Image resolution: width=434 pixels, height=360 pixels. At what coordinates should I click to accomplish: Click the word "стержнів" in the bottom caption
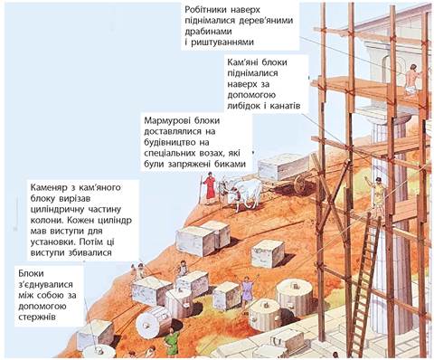37,317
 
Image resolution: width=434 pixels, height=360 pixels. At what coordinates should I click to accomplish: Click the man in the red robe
209,188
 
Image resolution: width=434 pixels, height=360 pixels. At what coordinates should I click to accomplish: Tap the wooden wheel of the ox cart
300,184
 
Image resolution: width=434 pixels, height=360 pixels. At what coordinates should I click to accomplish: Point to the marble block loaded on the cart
283,166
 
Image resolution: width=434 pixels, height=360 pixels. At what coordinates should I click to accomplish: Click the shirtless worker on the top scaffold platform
411,80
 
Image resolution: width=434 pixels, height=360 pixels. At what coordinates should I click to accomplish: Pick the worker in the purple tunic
248,290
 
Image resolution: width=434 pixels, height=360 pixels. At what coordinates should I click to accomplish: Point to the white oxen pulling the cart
241,193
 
